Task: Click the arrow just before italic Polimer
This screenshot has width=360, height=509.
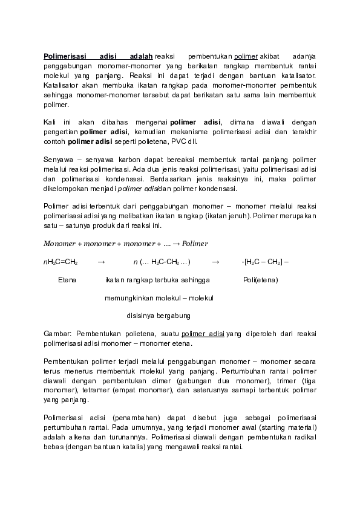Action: click(175, 244)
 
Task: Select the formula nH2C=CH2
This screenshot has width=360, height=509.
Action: click(61, 262)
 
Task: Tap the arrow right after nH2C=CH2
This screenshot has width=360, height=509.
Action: click(101, 262)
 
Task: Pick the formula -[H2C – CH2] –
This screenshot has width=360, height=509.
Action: click(265, 262)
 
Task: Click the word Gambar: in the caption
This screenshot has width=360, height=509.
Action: click(58, 333)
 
